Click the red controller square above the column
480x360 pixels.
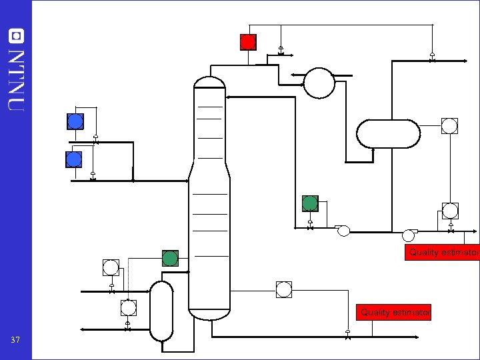pyautogui.click(x=248, y=42)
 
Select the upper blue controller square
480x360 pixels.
pyautogui.click(x=75, y=121)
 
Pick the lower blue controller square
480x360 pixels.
pyautogui.click(x=74, y=159)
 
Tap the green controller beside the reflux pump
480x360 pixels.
pyautogui.click(x=310, y=203)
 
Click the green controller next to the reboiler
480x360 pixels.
pyautogui.click(x=170, y=258)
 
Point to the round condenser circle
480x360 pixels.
pyautogui.click(x=319, y=83)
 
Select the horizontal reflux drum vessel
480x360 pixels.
pyautogui.click(x=388, y=133)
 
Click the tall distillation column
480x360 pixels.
pyautogui.click(x=209, y=200)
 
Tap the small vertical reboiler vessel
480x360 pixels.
pyautogui.click(x=161, y=310)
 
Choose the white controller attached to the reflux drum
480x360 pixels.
pyautogui.click(x=449, y=125)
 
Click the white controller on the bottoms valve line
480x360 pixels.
pyautogui.click(x=284, y=289)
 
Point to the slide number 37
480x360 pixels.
pyautogui.click(x=16, y=340)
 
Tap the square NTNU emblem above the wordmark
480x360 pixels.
pyautogui.click(x=15, y=35)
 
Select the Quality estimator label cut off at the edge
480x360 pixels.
pyautogui.click(x=443, y=253)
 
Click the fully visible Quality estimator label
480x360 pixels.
pyautogui.click(x=393, y=312)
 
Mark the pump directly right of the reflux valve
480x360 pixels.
pyautogui.click(x=343, y=231)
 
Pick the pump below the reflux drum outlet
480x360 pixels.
pyautogui.click(x=409, y=235)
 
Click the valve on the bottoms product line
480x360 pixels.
pyautogui.click(x=348, y=335)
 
